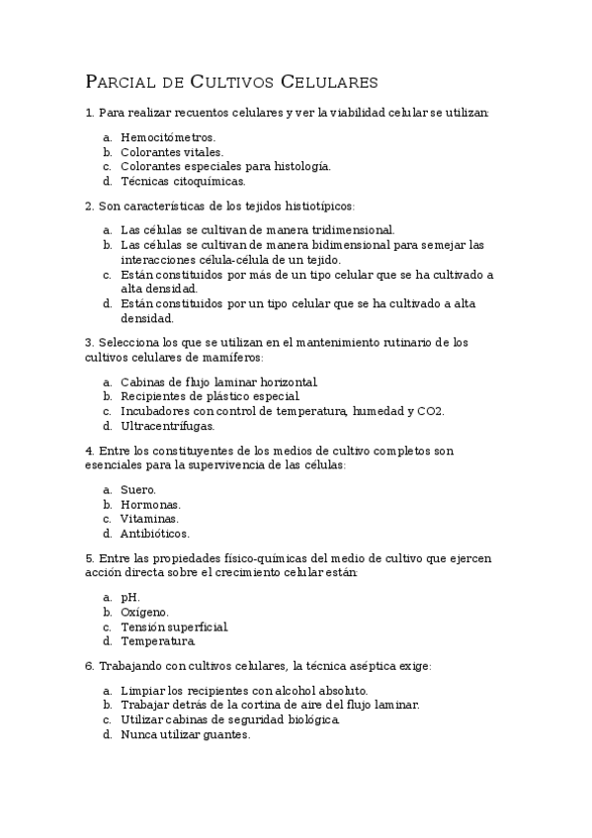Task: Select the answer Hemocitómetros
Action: click(x=167, y=137)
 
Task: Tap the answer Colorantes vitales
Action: click(x=171, y=152)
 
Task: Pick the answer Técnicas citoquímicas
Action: click(x=183, y=181)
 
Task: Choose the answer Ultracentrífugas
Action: click(x=167, y=426)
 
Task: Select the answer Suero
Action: click(x=138, y=489)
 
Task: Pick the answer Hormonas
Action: click(x=150, y=504)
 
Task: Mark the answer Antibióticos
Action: click(x=154, y=533)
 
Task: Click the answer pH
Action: click(x=129, y=597)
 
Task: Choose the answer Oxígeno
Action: click(x=144, y=612)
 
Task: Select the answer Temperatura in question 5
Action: click(x=157, y=640)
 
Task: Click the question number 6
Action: click(x=90, y=666)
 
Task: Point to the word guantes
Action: click(x=227, y=734)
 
